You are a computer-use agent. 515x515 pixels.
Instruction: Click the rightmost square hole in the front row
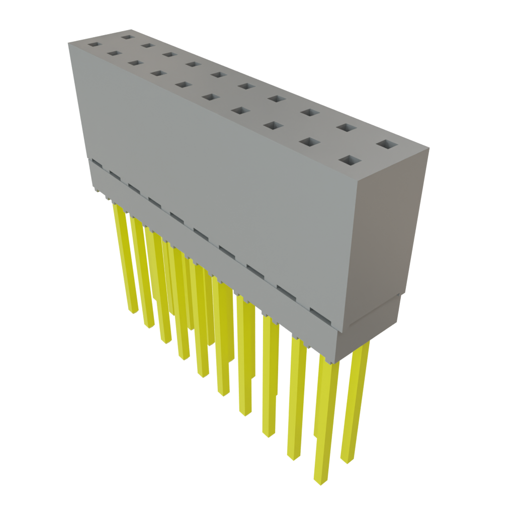coord(351,161)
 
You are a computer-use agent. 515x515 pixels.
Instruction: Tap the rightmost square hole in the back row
coord(386,145)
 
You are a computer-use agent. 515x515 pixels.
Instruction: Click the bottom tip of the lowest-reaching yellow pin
coord(320,481)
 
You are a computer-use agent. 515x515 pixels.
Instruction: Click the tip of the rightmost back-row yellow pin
coord(347,460)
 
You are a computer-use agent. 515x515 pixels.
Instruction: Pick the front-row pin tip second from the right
coord(292,457)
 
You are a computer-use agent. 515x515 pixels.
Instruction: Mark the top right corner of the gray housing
coord(429,148)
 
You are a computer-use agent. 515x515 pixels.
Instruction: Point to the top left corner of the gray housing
coord(69,43)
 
